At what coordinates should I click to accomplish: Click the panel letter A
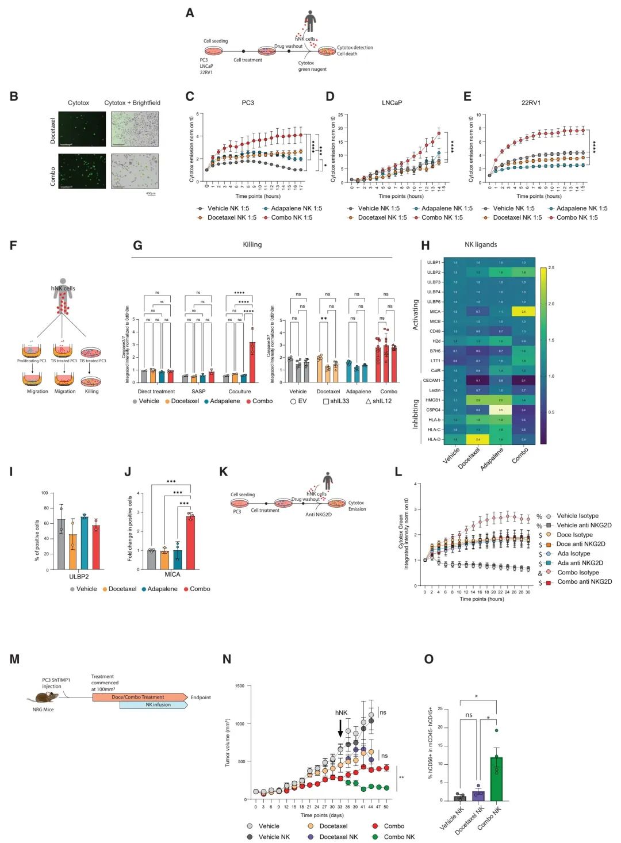coord(190,13)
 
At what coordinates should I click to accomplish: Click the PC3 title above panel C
coord(247,103)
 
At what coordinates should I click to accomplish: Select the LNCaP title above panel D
coord(392,103)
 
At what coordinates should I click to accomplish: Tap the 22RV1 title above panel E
coord(531,103)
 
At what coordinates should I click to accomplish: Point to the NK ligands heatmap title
coord(481,244)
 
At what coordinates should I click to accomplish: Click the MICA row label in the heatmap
coord(435,312)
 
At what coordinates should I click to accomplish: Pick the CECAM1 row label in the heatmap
coord(432,380)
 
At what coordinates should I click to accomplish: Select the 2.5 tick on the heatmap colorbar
coord(551,268)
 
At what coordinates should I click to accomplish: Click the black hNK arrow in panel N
coord(340,728)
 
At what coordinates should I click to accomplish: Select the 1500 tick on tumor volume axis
coord(240,686)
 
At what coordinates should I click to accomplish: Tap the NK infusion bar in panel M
coord(154,705)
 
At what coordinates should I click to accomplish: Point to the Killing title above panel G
coord(252,244)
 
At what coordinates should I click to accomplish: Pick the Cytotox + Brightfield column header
coord(132,103)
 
